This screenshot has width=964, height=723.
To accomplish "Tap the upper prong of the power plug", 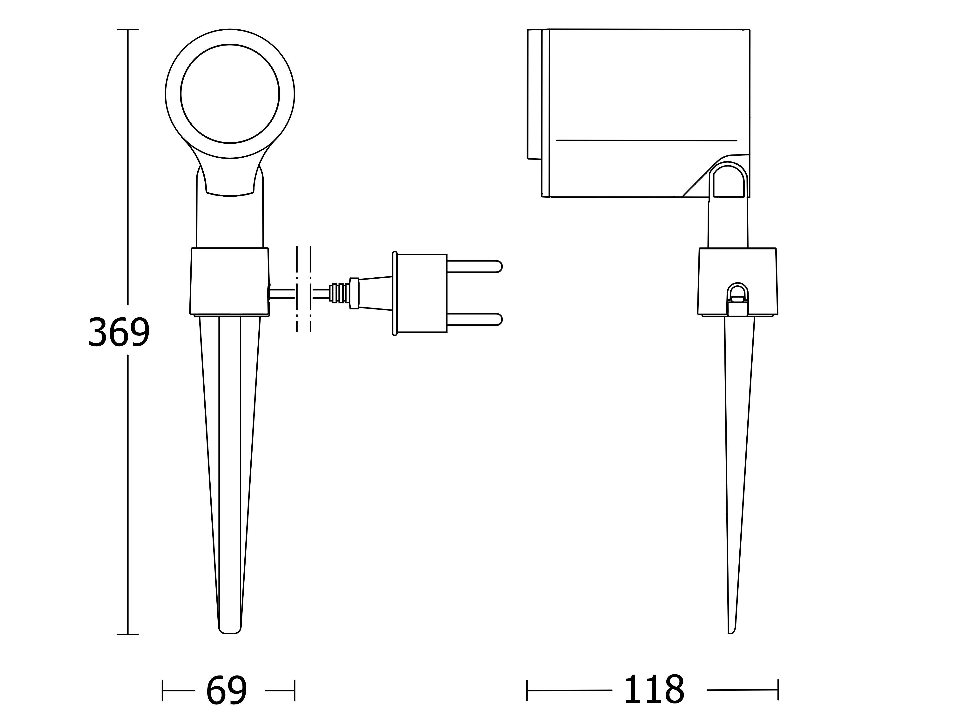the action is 474,266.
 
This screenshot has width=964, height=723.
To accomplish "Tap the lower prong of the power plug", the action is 474,319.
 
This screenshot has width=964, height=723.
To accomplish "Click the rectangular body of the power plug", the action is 422,293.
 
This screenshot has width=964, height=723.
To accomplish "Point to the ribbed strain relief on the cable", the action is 340,293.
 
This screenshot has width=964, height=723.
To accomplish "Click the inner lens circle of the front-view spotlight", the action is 230,94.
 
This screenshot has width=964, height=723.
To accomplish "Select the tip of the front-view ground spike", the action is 230,633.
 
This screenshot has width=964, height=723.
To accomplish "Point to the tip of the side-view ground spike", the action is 730,633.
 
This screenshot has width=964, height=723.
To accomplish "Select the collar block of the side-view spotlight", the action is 737,281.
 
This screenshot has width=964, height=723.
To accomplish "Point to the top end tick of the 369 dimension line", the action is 128,30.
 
